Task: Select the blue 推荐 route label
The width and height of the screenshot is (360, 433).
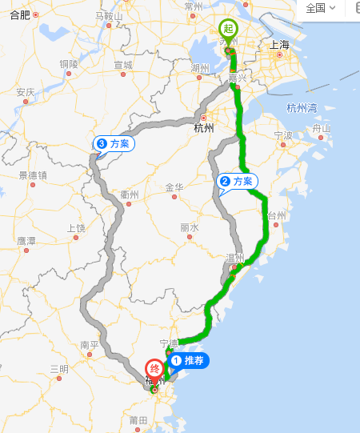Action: (188, 361)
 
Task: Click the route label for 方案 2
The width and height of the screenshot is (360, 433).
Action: (236, 182)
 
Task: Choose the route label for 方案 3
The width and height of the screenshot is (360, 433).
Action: (114, 143)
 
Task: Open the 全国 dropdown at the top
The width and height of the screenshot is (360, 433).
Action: (320, 8)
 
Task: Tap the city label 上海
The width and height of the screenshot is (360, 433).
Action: (280, 46)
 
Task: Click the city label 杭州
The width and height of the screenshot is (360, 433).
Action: (204, 127)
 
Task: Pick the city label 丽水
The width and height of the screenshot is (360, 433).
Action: (189, 227)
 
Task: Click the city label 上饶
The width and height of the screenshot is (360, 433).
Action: (76, 227)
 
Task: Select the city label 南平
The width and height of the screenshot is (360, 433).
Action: (90, 346)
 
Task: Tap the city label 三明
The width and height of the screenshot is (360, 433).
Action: (59, 369)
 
